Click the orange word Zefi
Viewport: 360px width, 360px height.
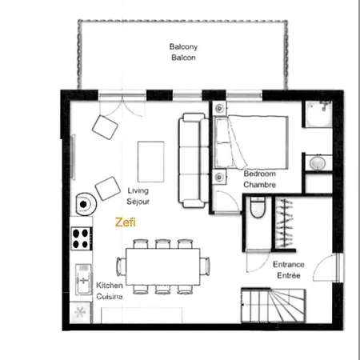(126, 222)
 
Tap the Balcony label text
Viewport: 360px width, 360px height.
(183, 46)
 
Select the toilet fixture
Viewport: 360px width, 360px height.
(258, 207)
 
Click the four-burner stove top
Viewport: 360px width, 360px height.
(82, 238)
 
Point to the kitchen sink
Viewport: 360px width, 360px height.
(83, 279)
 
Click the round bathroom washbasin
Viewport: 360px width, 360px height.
(318, 162)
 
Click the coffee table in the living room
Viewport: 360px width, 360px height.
(151, 162)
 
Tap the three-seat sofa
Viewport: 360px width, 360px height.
(194, 160)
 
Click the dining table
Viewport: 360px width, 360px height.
(163, 266)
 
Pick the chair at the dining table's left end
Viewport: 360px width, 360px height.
(121, 266)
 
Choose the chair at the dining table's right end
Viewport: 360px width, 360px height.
(205, 266)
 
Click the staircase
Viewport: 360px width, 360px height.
(273, 306)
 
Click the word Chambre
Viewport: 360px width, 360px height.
(259, 185)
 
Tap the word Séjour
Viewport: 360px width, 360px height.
(138, 202)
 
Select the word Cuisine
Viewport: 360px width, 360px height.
(110, 296)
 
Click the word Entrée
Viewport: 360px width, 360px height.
(289, 275)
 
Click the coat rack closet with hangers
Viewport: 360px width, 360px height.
(285, 223)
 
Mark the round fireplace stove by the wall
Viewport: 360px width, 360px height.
(86, 204)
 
